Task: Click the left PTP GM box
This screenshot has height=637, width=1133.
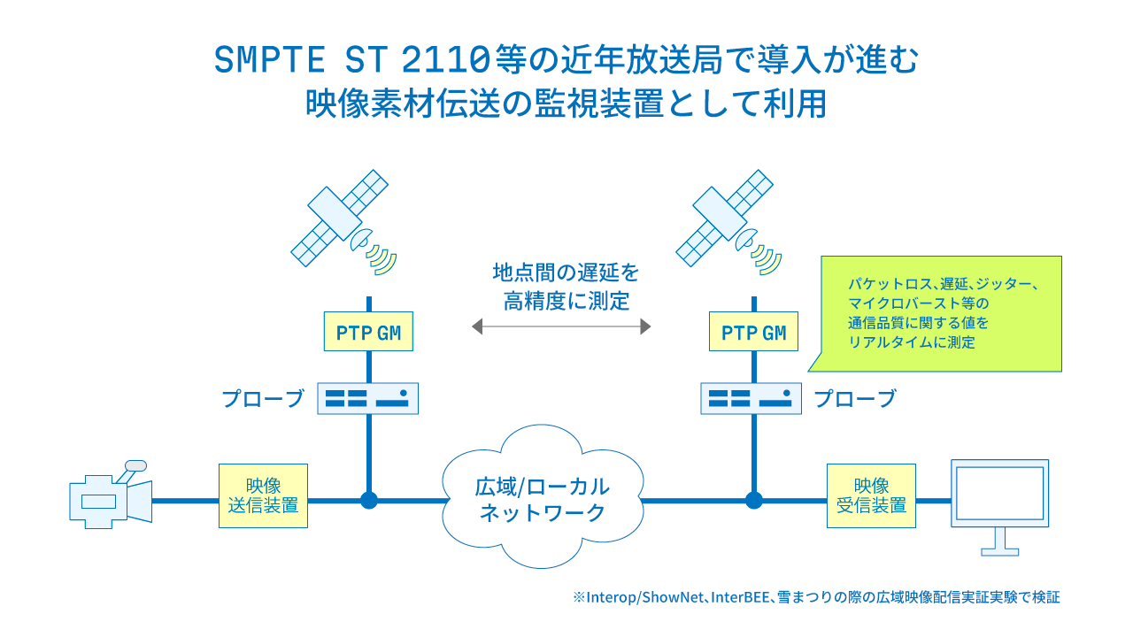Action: coord(368,332)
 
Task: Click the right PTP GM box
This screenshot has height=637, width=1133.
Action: coord(753,332)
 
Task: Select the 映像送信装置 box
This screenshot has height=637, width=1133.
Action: coord(263,496)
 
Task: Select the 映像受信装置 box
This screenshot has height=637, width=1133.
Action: coord(871,496)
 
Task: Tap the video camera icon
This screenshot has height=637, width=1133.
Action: coord(111,495)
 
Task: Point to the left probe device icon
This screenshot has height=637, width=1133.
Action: coord(367,398)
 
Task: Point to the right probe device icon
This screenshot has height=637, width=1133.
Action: coord(751,398)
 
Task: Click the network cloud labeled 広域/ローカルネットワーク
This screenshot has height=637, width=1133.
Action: coord(543,497)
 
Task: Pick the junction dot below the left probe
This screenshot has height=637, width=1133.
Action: coord(369,501)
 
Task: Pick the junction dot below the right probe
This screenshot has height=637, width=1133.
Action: coord(753,501)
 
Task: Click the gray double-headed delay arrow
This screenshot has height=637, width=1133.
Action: coord(561,326)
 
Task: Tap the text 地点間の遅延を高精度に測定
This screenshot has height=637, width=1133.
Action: coord(566,287)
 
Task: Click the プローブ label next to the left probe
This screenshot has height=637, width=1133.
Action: coord(263,398)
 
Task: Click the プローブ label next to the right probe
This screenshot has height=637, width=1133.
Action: coord(855,398)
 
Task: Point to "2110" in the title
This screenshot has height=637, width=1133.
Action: coord(445,59)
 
